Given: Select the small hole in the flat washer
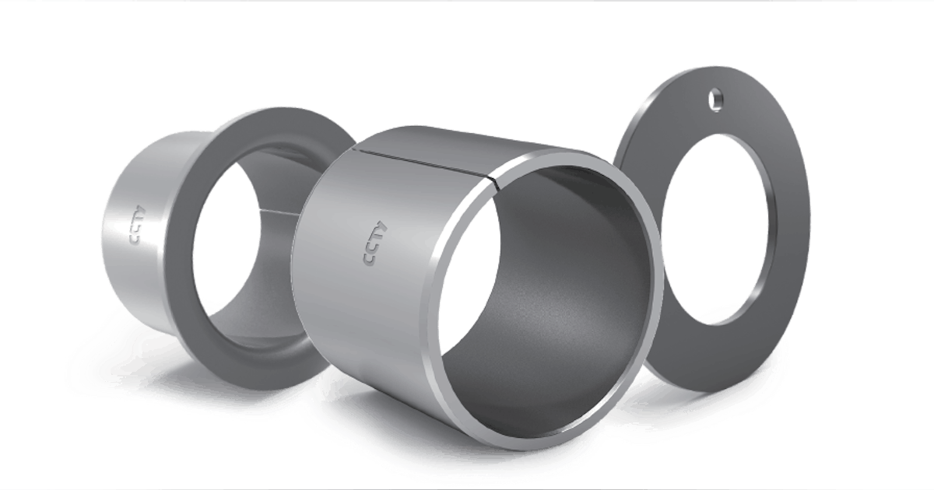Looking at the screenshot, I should (x=713, y=99).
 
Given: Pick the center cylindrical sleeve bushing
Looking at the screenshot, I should (x=389, y=296).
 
